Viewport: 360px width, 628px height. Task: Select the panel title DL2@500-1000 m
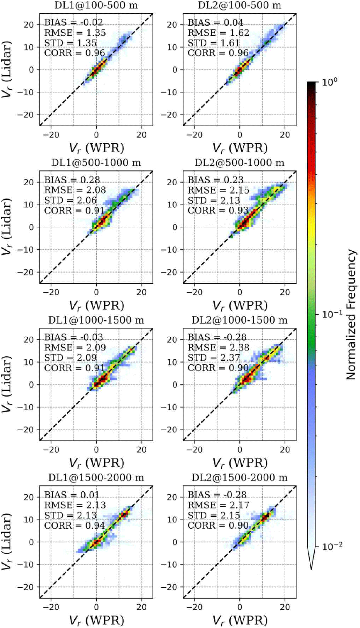(x=240, y=162)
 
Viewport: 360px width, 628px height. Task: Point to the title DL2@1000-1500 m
(x=240, y=320)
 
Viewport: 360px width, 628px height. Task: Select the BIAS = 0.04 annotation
(x=216, y=22)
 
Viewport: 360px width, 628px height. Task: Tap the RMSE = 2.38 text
(x=218, y=348)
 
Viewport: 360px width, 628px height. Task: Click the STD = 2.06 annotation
(x=70, y=200)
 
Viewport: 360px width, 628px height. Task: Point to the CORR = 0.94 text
(x=75, y=525)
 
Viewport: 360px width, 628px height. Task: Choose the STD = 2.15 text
(x=214, y=515)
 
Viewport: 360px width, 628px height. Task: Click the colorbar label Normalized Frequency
(x=351, y=314)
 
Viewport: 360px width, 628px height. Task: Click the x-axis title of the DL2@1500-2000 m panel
(x=240, y=621)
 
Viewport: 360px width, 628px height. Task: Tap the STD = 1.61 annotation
(x=213, y=43)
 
